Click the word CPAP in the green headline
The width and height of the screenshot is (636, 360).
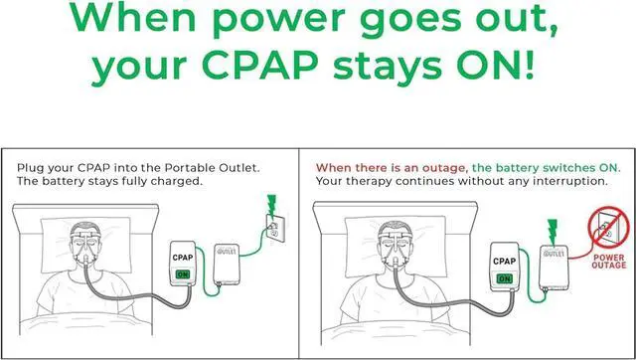[x=260, y=65]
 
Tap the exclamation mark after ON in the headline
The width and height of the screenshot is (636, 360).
[x=528, y=65]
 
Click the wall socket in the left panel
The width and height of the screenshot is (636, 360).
[x=275, y=228]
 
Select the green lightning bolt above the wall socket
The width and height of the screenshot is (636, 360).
[x=271, y=204]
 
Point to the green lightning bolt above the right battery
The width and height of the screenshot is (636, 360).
[x=553, y=232]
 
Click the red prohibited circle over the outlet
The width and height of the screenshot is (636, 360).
[x=608, y=228]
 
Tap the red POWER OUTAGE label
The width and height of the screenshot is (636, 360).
[x=609, y=262]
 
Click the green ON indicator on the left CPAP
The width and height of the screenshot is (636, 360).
[x=183, y=274]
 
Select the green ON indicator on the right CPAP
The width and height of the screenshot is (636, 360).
[x=504, y=278]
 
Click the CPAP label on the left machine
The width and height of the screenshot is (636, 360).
[x=183, y=258]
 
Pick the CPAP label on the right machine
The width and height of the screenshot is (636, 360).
[x=504, y=262]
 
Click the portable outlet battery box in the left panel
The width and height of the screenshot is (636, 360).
[x=226, y=266]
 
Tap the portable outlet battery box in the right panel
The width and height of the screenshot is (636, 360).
[x=554, y=268]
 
